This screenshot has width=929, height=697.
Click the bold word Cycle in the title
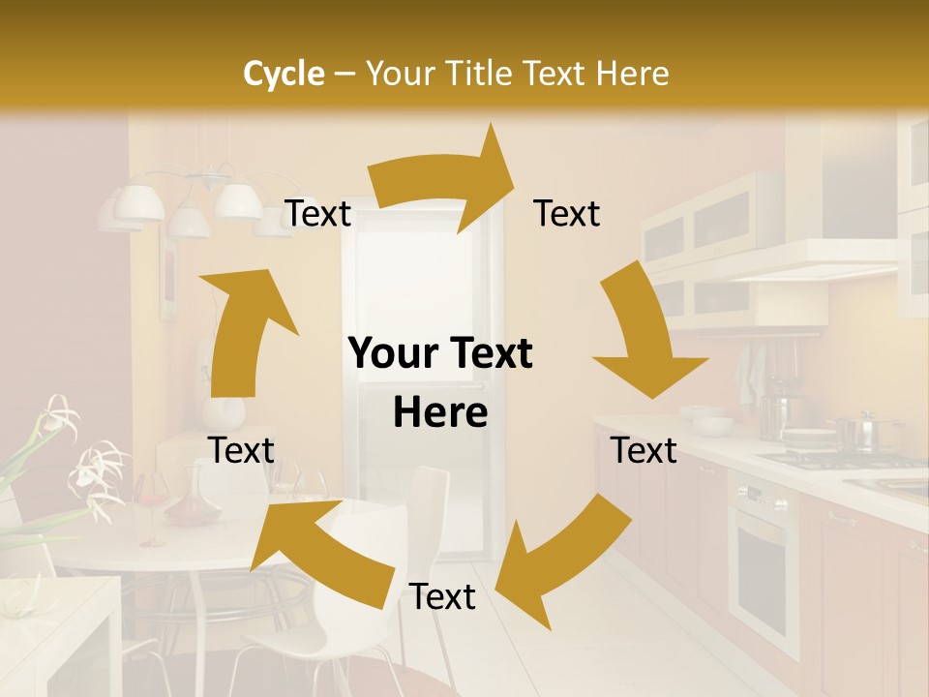coord(284,74)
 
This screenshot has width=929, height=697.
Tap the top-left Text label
coord(318,214)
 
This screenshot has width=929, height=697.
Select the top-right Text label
coord(567,214)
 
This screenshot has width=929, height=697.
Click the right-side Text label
coord(644,450)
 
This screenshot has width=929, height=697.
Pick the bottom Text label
coord(442,596)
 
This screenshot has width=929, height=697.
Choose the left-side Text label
coord(241,450)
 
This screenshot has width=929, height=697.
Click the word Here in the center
coord(440,413)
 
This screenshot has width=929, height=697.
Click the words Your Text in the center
coord(440,354)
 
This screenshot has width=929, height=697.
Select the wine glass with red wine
coord(152,503)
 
